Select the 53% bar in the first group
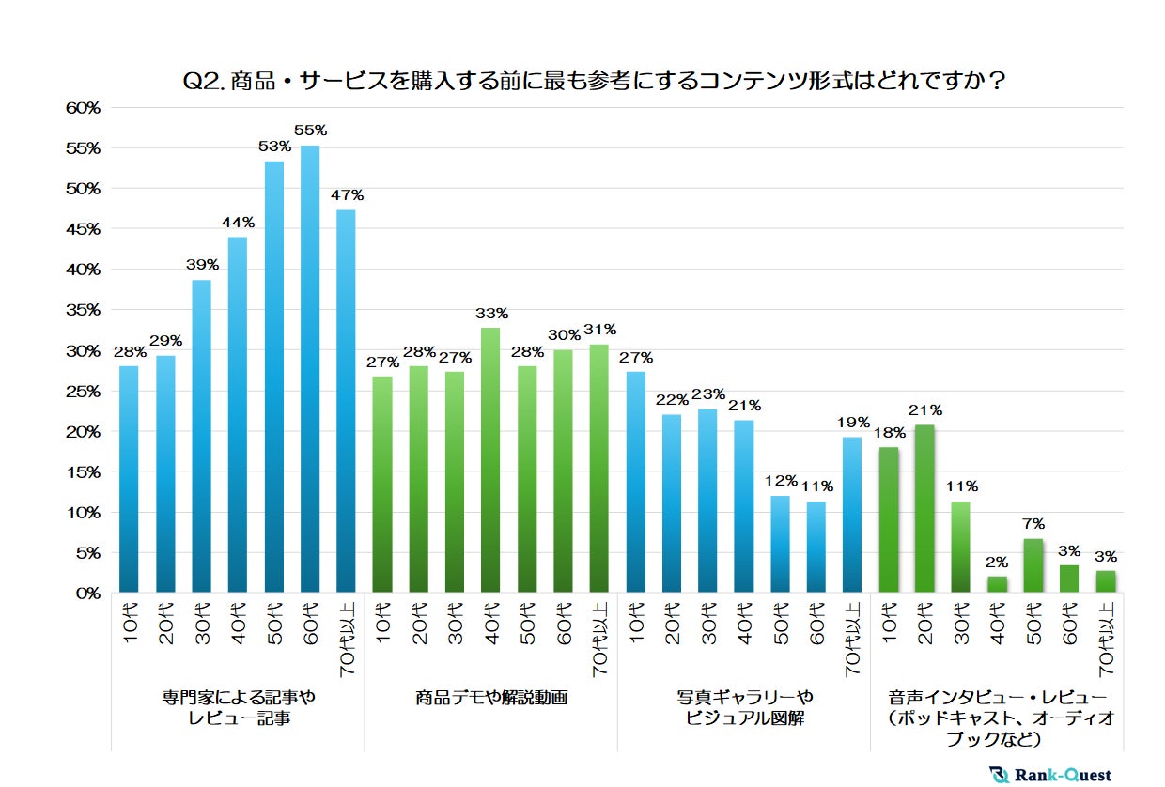coord(274,378)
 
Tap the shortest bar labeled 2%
coord(997,584)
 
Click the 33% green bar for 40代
coord(490,460)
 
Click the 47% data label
coord(347,195)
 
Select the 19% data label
coord(852,423)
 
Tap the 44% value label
coord(239,223)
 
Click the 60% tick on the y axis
coord(83,108)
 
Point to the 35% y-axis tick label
coord(83,310)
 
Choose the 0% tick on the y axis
coord(86,594)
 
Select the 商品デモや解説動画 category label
coord(490,699)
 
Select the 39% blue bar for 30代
coord(202,437)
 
